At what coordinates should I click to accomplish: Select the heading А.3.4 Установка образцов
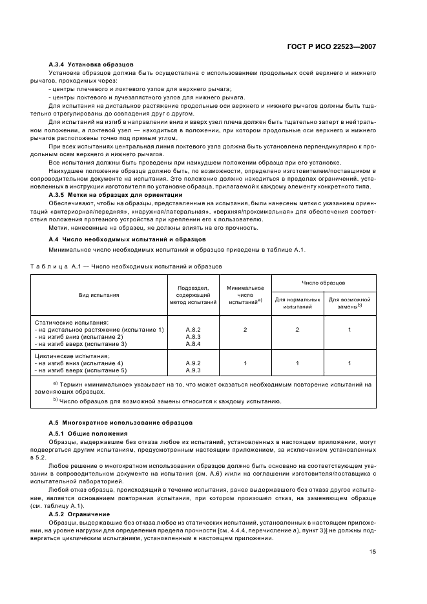click(91, 65)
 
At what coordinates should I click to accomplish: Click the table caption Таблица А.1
click(127, 266)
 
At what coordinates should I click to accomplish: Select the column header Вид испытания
click(99, 295)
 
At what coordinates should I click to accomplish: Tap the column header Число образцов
click(323, 283)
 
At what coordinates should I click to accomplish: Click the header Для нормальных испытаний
click(297, 303)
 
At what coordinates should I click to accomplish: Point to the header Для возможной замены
click(349, 303)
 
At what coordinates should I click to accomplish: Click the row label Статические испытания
click(72, 321)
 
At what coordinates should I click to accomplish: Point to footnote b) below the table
click(171, 401)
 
